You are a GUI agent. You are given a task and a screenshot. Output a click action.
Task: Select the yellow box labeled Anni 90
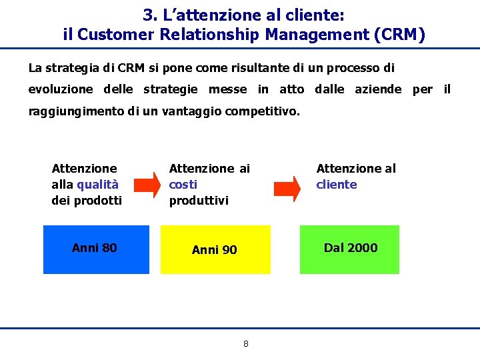[215, 249]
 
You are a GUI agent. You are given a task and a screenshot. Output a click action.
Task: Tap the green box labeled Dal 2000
[349, 249]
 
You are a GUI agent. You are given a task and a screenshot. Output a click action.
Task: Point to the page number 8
[245, 344]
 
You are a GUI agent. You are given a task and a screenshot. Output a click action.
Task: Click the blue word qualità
[97, 185]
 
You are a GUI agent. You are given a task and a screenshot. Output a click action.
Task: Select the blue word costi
[183, 185]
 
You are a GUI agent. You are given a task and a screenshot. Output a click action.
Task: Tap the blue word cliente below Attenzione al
[336, 185]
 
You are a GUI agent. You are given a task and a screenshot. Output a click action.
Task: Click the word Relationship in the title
[209, 34]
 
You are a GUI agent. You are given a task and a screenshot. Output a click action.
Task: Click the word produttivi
[199, 201]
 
